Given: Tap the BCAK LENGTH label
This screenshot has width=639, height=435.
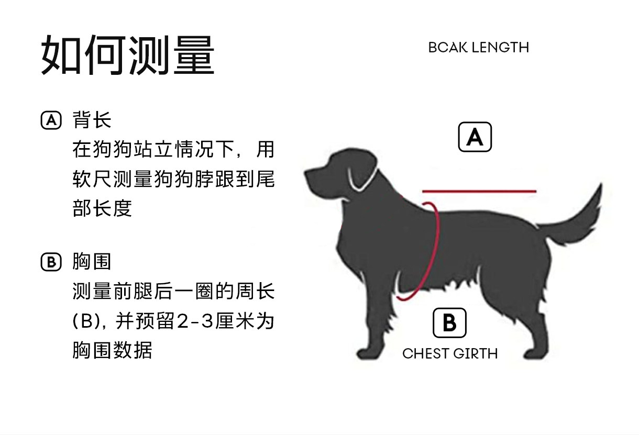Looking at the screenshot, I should coord(478,48).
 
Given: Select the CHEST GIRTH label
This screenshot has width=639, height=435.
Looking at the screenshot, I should coord(450,354).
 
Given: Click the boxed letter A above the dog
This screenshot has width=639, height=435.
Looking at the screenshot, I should coord(475,137).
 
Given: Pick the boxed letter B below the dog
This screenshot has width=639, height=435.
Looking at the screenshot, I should coord(449,323).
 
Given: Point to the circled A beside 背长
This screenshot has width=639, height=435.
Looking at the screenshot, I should coord(51,120).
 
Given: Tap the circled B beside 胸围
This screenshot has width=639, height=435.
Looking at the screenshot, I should coord(51,261).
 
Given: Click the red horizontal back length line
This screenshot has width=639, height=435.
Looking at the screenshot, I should coord(479,191).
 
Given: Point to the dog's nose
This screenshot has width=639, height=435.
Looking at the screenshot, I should coord(307,173).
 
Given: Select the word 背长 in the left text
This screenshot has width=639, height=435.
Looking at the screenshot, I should coord(92,120).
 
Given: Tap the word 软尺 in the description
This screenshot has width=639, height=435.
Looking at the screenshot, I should coord(92,180).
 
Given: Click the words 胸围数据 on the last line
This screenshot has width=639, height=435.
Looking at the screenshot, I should coord(112,350).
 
